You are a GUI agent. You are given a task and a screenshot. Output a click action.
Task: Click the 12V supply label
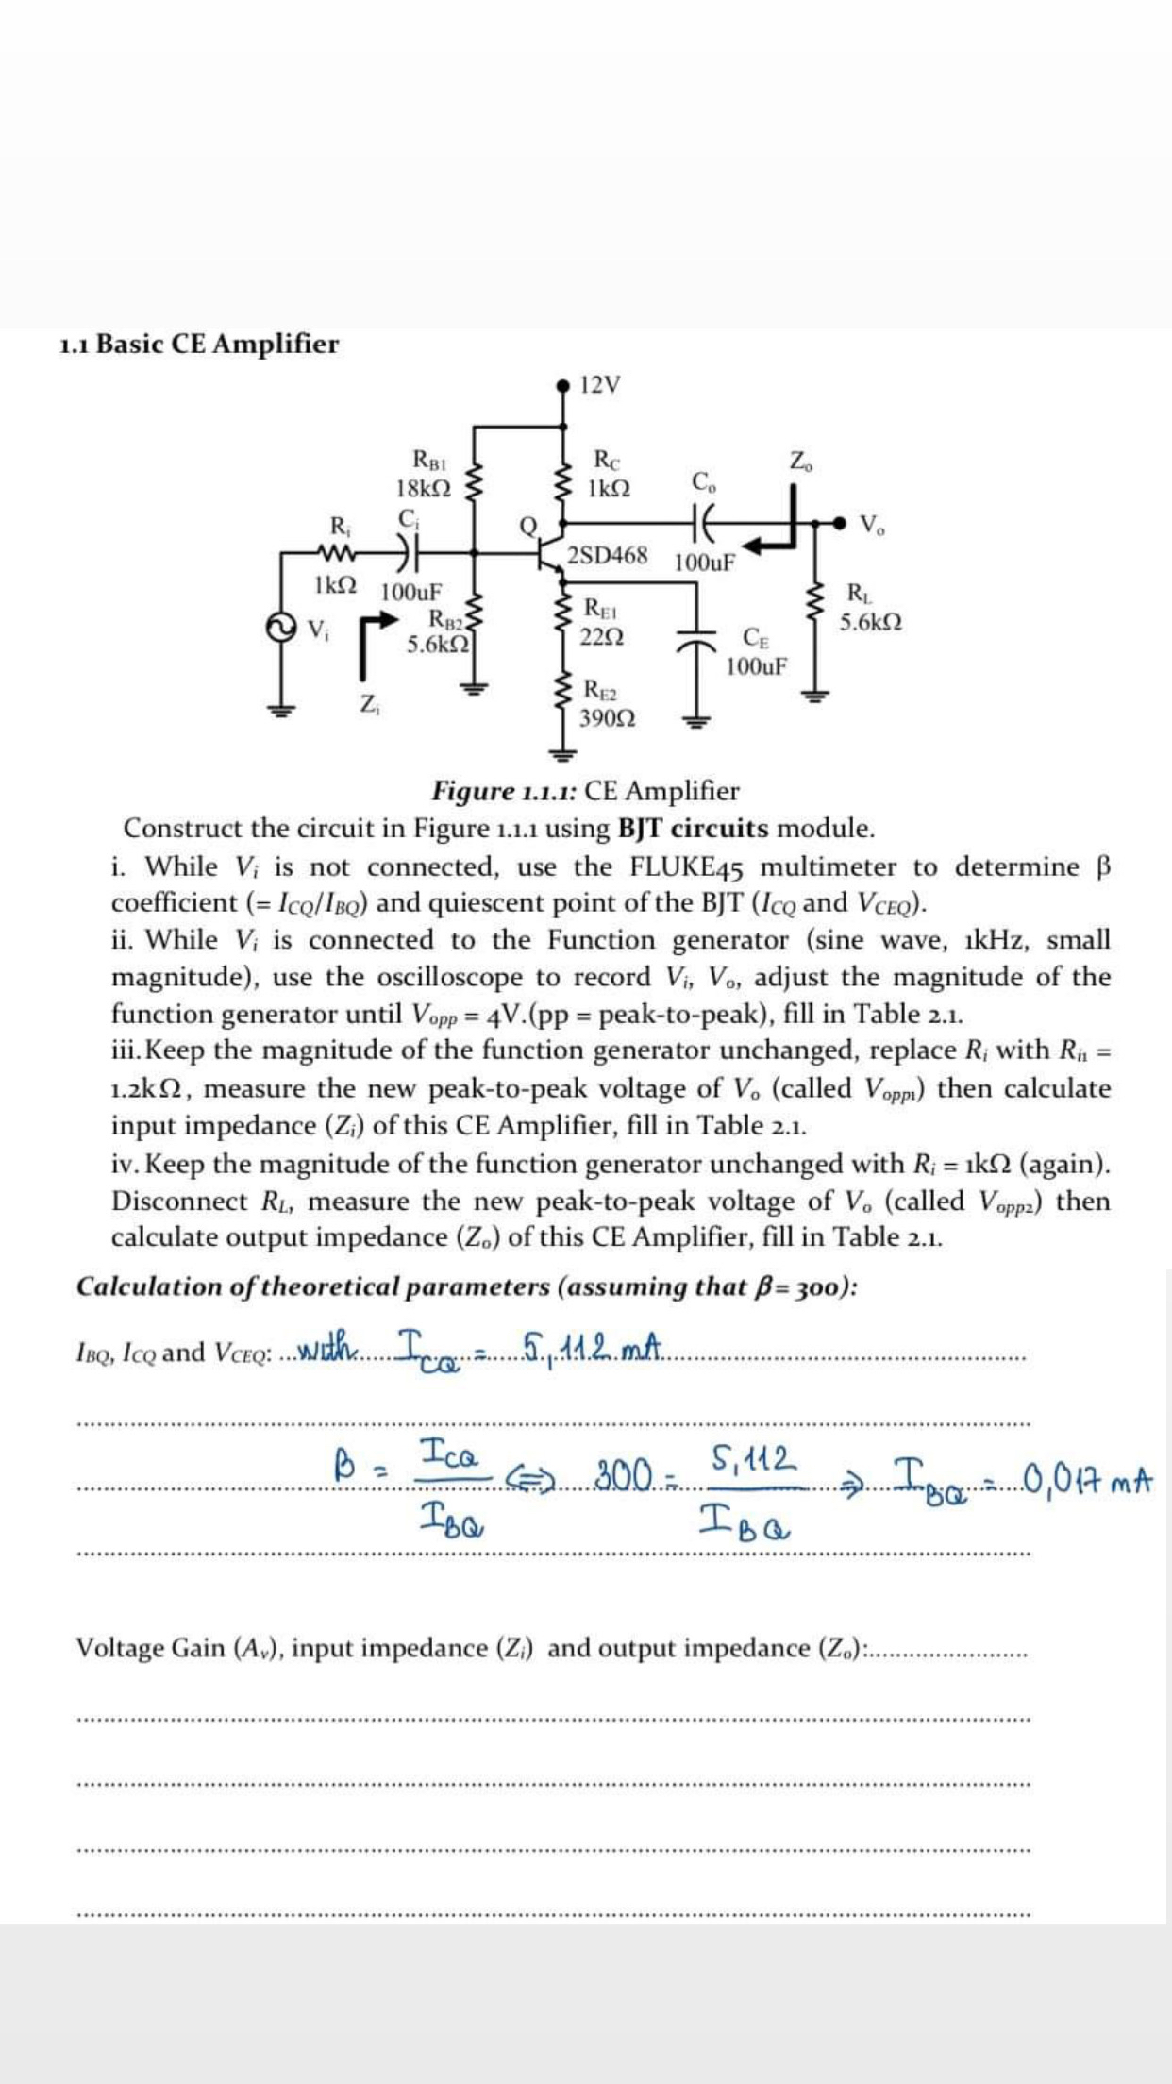tap(601, 385)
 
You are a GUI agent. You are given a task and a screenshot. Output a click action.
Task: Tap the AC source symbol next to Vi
tap(279, 627)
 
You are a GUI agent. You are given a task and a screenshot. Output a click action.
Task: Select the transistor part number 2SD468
tap(608, 555)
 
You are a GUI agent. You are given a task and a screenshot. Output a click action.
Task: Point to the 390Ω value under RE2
tap(607, 718)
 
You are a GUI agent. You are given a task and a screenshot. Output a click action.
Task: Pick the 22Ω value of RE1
tap(602, 636)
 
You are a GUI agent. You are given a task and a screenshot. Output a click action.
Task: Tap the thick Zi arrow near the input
tap(369, 632)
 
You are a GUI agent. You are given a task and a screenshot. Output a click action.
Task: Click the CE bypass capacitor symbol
tap(697, 639)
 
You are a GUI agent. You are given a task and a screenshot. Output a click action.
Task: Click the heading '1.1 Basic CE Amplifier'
tap(198, 344)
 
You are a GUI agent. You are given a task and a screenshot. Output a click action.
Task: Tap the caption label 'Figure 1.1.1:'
tap(505, 790)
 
